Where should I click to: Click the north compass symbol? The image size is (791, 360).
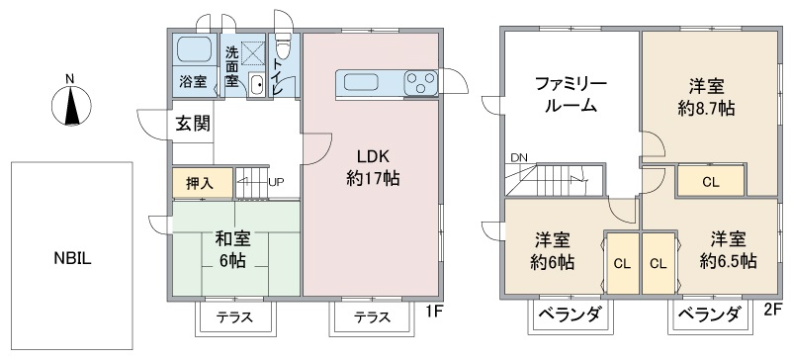pyautogui.click(x=71, y=105)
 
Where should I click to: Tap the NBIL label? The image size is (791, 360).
pyautogui.click(x=72, y=259)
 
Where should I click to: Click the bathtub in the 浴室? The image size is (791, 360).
pyautogui.click(x=194, y=49)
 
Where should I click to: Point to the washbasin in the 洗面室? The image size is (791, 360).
pyautogui.click(x=257, y=84)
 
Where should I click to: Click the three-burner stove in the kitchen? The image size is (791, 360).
pyautogui.click(x=421, y=82)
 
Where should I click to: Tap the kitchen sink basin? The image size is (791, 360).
pyautogui.click(x=360, y=82)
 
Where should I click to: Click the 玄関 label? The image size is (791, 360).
pyautogui.click(x=192, y=124)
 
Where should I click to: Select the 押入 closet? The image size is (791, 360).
pyautogui.click(x=203, y=183)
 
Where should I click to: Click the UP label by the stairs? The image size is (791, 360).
pyautogui.click(x=276, y=181)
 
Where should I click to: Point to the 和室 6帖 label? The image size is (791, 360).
pyautogui.click(x=232, y=249)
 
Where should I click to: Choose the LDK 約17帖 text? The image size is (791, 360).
pyautogui.click(x=373, y=167)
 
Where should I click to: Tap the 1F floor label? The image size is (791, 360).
pyautogui.click(x=433, y=312)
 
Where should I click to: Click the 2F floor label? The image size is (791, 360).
pyautogui.click(x=774, y=308)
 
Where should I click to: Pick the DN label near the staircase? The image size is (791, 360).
pyautogui.click(x=518, y=157)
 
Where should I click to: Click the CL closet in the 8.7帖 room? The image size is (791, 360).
pyautogui.click(x=710, y=181)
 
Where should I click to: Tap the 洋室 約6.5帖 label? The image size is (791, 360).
pyautogui.click(x=729, y=249)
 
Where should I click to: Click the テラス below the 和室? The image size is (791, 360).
pyautogui.click(x=235, y=316)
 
